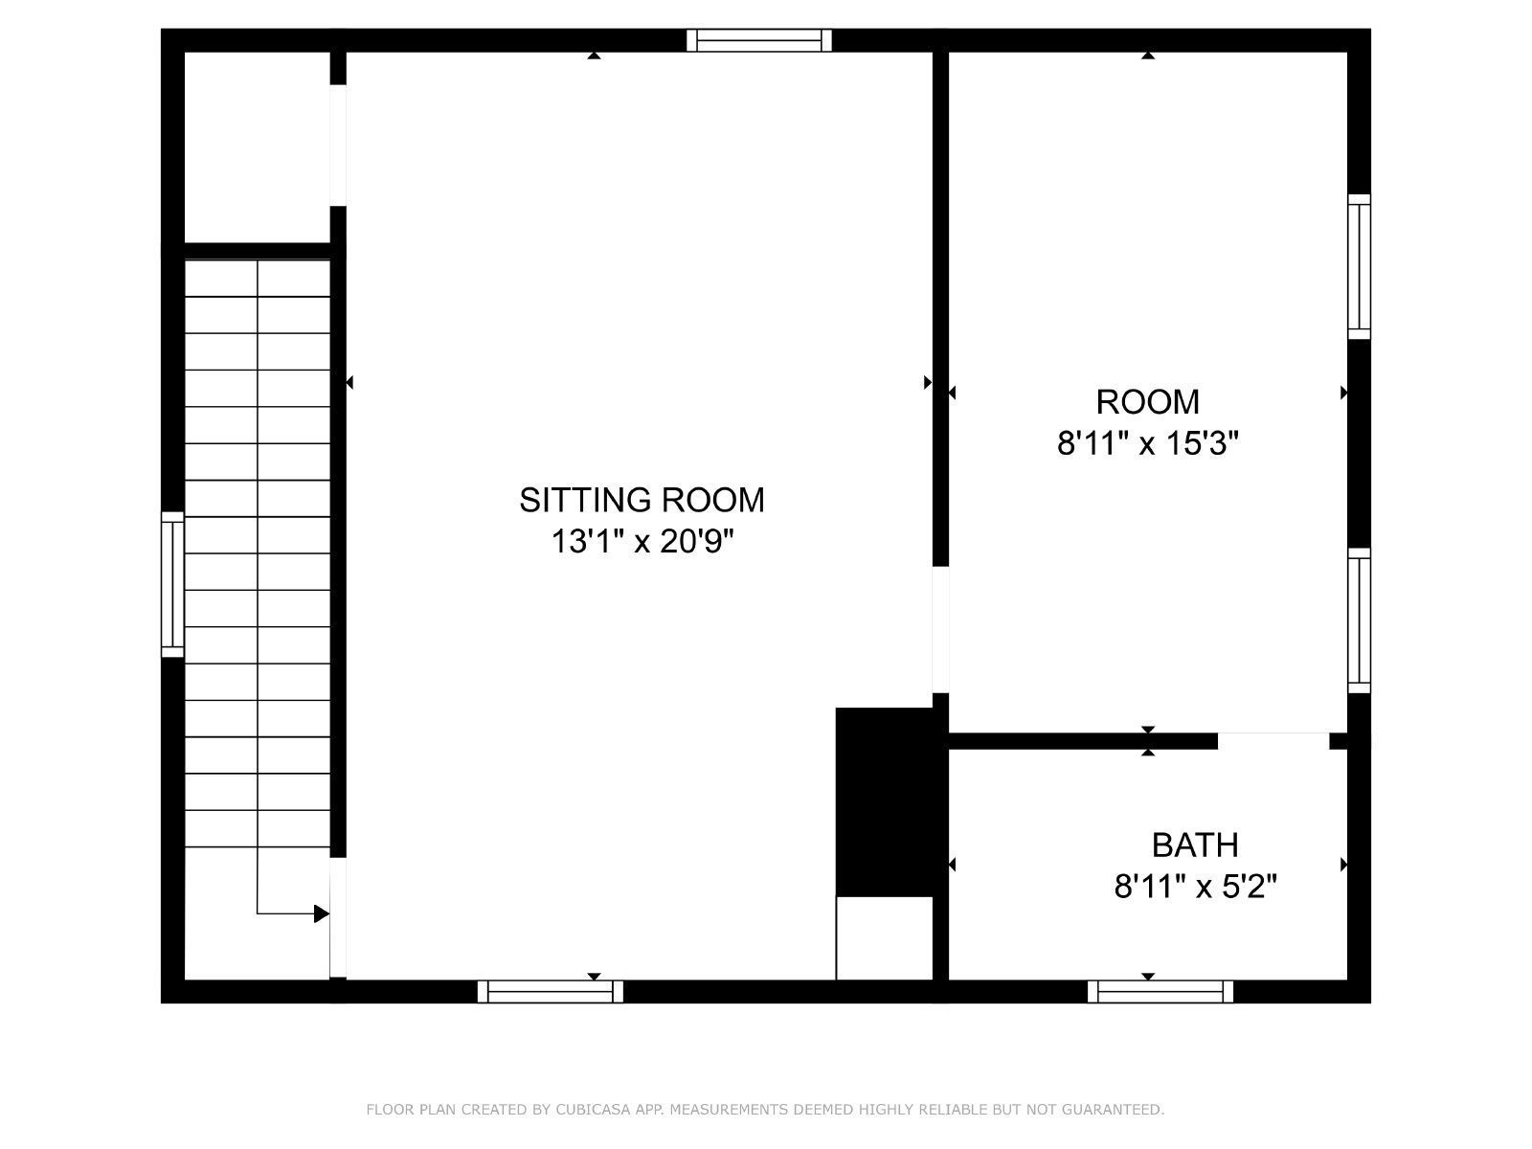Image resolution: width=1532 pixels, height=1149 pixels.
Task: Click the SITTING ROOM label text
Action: pyautogui.click(x=642, y=500)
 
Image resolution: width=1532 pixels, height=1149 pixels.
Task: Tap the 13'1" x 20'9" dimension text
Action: pyautogui.click(x=642, y=541)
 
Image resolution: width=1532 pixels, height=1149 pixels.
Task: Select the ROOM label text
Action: pyautogui.click(x=1147, y=402)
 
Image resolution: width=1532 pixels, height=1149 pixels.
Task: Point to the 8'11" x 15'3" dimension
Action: pyautogui.click(x=1147, y=443)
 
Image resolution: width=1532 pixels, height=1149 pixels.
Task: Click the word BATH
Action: pyautogui.click(x=1195, y=845)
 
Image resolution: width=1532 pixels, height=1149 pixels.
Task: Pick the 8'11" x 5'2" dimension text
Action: pyautogui.click(x=1195, y=888)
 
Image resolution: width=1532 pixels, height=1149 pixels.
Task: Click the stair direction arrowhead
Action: pyautogui.click(x=321, y=913)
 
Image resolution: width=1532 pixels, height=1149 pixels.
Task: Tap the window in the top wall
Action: pyautogui.click(x=758, y=40)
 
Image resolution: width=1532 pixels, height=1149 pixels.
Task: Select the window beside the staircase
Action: pyautogui.click(x=173, y=584)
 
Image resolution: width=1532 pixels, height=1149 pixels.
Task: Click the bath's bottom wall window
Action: pyautogui.click(x=1160, y=991)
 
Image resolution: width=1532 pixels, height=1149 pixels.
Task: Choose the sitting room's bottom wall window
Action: pyautogui.click(x=550, y=991)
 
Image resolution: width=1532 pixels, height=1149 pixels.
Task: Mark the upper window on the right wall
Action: pyautogui.click(x=1359, y=266)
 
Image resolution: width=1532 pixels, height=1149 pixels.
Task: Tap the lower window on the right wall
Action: pyautogui.click(x=1359, y=620)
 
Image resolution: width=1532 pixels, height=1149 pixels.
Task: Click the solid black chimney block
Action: pyautogui.click(x=885, y=801)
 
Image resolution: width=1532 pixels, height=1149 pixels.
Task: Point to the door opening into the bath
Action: pyautogui.click(x=1273, y=741)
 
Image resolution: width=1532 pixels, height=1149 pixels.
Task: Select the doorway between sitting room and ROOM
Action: pyautogui.click(x=941, y=629)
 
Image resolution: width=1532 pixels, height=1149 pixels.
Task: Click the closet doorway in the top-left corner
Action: pyautogui.click(x=338, y=146)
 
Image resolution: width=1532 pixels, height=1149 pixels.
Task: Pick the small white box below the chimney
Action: pyautogui.click(x=885, y=938)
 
